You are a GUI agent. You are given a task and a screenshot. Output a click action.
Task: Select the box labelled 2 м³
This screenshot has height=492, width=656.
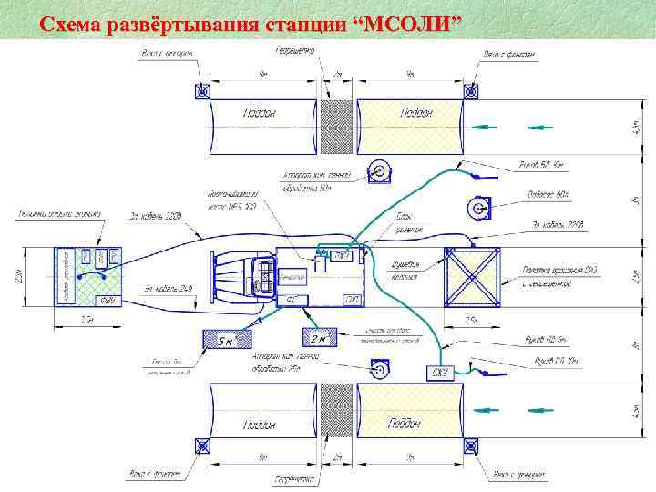tap(320, 339)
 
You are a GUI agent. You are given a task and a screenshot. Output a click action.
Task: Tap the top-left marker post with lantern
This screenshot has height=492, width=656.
tap(201, 91)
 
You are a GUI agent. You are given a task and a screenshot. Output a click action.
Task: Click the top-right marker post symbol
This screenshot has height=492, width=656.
tap(471, 91)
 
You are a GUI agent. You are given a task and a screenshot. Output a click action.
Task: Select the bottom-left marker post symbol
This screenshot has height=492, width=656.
tap(201, 446)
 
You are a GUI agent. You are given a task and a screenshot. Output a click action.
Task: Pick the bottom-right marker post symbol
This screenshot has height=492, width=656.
tap(471, 446)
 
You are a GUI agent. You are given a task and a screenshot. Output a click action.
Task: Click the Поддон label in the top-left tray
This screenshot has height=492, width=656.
tap(259, 111)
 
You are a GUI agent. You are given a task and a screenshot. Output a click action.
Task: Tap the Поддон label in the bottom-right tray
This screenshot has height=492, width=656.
tap(405, 423)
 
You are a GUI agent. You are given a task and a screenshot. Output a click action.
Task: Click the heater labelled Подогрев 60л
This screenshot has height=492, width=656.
tap(477, 208)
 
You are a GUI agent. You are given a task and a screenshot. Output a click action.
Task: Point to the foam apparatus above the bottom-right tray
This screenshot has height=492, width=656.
tap(379, 370)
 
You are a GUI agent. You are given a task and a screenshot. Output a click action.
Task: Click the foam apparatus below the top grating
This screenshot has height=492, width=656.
tap(379, 171)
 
